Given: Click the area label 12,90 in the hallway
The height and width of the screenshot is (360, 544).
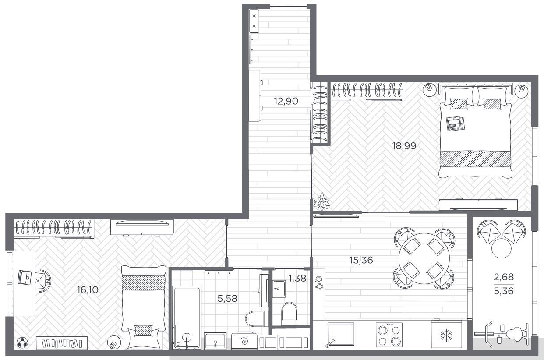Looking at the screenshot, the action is pyautogui.click(x=286, y=101).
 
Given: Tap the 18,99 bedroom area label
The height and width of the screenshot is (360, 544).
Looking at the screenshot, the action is pyautogui.click(x=404, y=146).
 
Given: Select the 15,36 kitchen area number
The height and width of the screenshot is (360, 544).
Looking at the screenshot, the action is pyautogui.click(x=361, y=260).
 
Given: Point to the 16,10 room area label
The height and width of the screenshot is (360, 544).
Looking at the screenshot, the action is pyautogui.click(x=88, y=289).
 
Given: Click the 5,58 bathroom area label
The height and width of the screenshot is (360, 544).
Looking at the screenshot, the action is pyautogui.click(x=227, y=299).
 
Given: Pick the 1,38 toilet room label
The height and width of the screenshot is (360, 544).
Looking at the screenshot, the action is pyautogui.click(x=297, y=278).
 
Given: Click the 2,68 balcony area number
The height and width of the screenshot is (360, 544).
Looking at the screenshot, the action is pyautogui.click(x=504, y=277).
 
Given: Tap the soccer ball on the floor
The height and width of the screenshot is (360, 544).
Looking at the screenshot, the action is pyautogui.click(x=22, y=342).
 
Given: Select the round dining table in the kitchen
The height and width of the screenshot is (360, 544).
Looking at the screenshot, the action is pyautogui.click(x=424, y=258).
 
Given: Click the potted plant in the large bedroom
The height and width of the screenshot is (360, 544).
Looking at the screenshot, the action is pyautogui.click(x=321, y=201).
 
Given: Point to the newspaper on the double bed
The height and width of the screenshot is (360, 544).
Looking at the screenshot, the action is pyautogui.click(x=455, y=124).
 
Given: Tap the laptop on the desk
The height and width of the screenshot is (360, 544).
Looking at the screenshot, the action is pyautogui.click(x=25, y=277).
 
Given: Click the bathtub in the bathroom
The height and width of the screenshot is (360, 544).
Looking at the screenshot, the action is pyautogui.click(x=187, y=318).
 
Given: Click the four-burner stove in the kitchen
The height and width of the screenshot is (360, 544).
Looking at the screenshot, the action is pyautogui.click(x=389, y=335).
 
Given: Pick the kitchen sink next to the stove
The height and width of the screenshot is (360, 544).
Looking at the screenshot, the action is pyautogui.click(x=341, y=334).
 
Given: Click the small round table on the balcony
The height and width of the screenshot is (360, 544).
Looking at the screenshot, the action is pyautogui.click(x=501, y=248).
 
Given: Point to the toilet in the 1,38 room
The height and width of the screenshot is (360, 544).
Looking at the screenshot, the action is pyautogui.click(x=289, y=314).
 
